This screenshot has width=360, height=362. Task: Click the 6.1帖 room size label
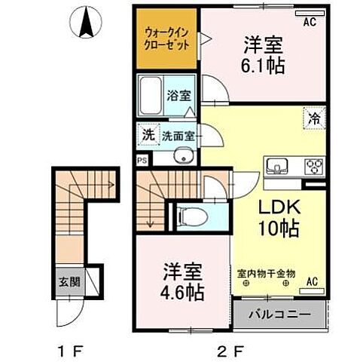[262, 66]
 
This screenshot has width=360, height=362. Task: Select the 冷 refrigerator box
[314, 118]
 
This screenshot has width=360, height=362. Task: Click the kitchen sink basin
[274, 166]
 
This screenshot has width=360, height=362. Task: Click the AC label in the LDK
[313, 282]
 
